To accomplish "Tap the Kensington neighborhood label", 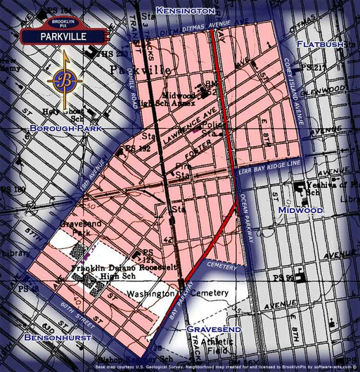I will pyautogui.click(x=186, y=11).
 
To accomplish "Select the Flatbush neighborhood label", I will pyautogui.click(x=320, y=44).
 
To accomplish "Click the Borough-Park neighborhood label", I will pyautogui.click(x=66, y=129).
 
